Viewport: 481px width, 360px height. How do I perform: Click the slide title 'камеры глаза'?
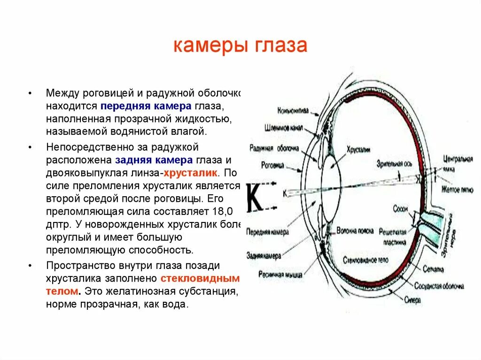pyautogui.click(x=240, y=46)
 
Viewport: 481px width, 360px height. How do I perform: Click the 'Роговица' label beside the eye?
pyautogui.click(x=273, y=165)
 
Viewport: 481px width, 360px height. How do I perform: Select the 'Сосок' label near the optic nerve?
pyautogui.click(x=401, y=209)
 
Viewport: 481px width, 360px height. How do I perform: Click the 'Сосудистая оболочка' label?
pyautogui.click(x=439, y=285)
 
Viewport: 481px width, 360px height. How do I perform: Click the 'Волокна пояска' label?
pyautogui.click(x=355, y=231)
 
